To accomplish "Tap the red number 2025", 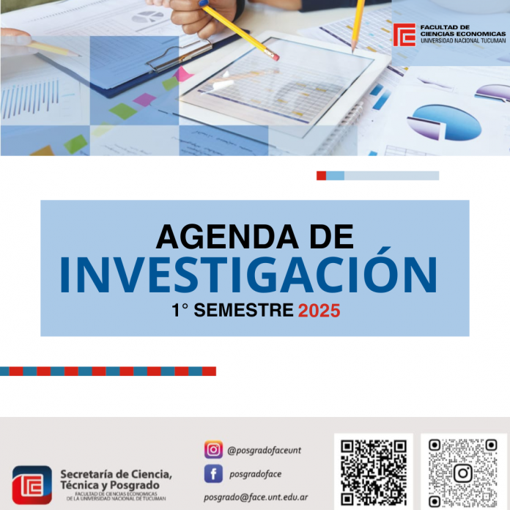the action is (x=319, y=311).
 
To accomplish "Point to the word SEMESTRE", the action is (x=243, y=310).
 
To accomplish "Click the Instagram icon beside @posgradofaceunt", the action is (x=213, y=449).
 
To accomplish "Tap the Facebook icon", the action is (x=213, y=473).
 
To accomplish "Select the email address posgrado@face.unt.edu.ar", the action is (x=256, y=498).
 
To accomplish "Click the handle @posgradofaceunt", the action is (x=264, y=451).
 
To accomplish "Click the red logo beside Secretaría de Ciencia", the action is (x=32, y=485).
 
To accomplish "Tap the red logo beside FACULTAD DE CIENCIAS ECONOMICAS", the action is (x=404, y=34).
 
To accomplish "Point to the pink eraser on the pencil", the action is (x=274, y=56).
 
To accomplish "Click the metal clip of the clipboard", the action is (x=180, y=56).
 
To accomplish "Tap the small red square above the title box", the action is (x=322, y=176).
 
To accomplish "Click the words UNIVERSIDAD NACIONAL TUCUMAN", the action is (x=463, y=41).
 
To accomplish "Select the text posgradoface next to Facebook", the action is (x=255, y=475).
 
